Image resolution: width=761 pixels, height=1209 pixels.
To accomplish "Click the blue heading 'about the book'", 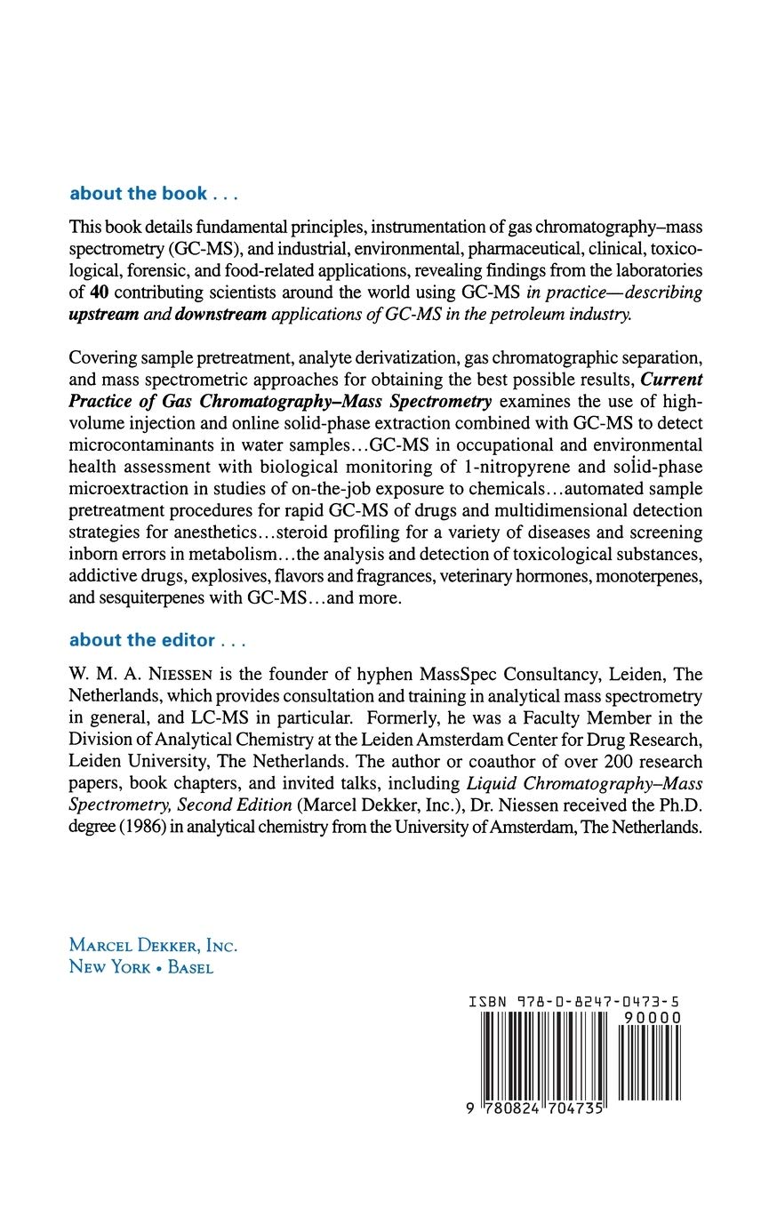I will click(x=138, y=194).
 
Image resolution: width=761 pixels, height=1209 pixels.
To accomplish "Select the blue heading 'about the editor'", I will click(x=142, y=640).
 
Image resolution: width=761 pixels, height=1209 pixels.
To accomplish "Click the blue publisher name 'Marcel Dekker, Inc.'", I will click(x=153, y=946).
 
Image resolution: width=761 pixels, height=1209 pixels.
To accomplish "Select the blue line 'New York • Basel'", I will click(x=140, y=967).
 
